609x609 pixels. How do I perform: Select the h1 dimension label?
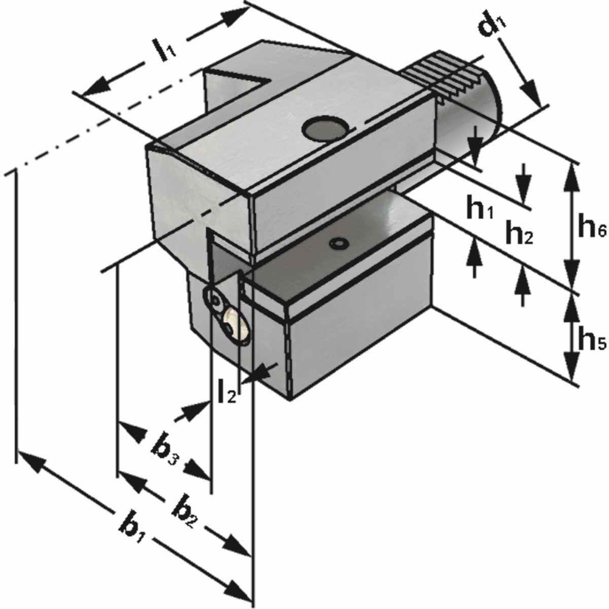(x=479, y=209)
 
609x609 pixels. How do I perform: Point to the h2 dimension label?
(x=518, y=233)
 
